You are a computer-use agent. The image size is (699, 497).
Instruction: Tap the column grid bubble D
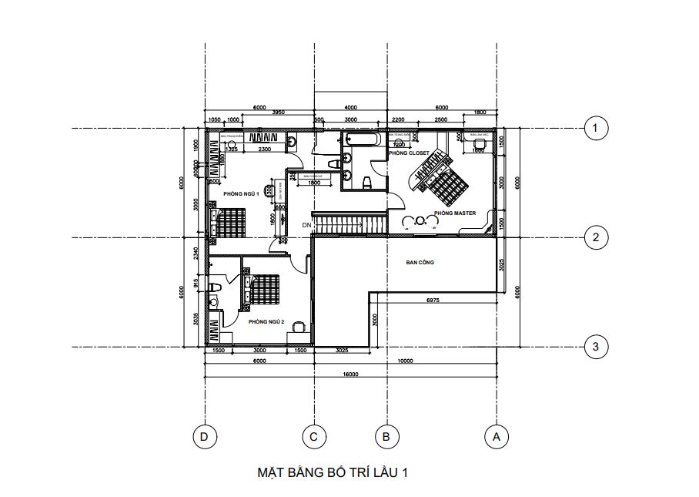point(204,437)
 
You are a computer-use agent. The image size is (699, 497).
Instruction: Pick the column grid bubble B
point(386,437)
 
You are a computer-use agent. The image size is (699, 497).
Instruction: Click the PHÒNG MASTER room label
point(454,213)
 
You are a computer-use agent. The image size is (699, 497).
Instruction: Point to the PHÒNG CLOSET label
point(409,153)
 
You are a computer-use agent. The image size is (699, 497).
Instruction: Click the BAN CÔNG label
point(420,263)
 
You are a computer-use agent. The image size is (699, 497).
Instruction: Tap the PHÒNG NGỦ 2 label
point(267,321)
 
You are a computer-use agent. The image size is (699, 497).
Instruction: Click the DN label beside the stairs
point(306,224)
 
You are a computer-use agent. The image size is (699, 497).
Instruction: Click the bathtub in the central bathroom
point(361,140)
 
